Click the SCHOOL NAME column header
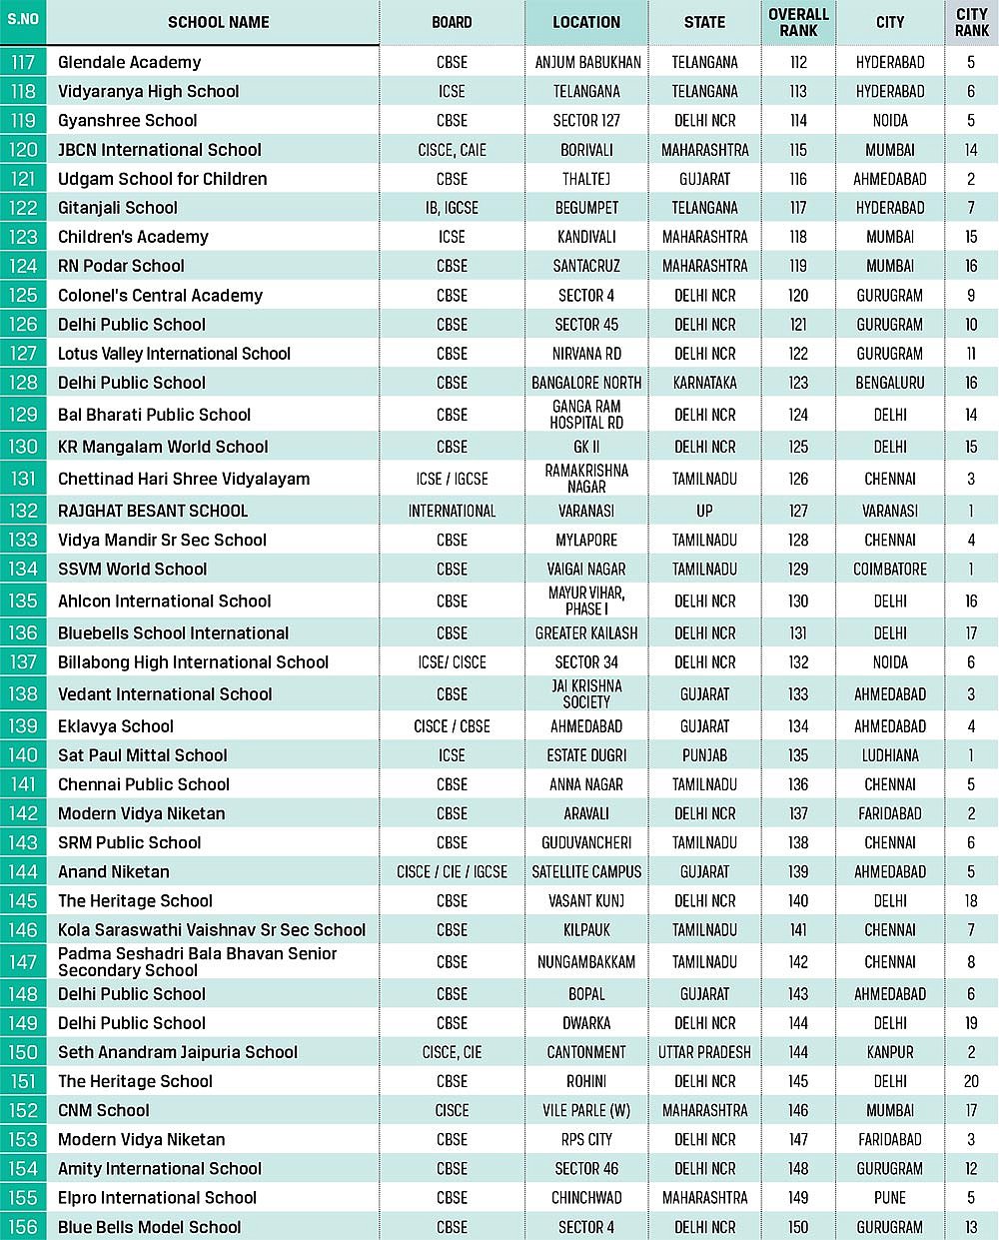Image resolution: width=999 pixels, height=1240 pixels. (x=218, y=22)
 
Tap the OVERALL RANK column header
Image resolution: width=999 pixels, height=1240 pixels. (x=798, y=22)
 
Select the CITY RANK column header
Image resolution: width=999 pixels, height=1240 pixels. (x=971, y=22)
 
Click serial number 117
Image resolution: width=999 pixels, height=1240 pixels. (x=23, y=62)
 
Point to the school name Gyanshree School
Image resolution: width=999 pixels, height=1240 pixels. (x=128, y=120)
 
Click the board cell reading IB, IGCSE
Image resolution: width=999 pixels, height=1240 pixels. (x=452, y=208)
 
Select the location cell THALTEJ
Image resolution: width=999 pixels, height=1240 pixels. (x=586, y=179)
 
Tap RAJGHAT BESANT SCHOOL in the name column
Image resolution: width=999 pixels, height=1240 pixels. (x=153, y=511)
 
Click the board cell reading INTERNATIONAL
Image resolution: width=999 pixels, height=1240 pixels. (x=452, y=511)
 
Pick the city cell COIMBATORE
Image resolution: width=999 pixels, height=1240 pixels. (x=889, y=569)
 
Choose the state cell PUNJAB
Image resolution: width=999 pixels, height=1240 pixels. (x=704, y=755)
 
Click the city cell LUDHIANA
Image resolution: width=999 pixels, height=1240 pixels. (x=889, y=755)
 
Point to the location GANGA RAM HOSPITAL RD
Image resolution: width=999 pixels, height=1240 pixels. (x=586, y=415)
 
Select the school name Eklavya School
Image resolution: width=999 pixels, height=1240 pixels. (x=116, y=726)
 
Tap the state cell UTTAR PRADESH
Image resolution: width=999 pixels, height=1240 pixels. (x=704, y=1052)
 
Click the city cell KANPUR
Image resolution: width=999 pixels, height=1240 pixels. (x=889, y=1052)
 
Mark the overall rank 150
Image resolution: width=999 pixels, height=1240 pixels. (x=798, y=1227)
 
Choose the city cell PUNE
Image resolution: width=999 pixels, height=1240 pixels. (x=889, y=1198)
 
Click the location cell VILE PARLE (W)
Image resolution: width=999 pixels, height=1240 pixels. (x=586, y=1110)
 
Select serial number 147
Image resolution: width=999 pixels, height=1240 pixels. (x=23, y=962)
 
